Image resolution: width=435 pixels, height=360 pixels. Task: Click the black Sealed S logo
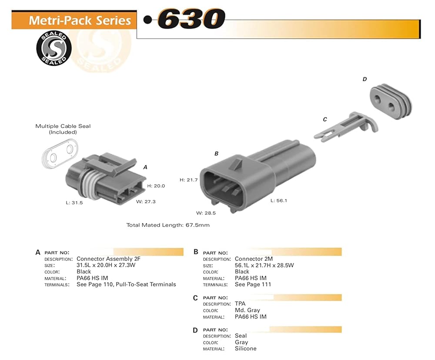point(54,48)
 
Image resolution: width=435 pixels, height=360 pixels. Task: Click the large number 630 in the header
point(191,19)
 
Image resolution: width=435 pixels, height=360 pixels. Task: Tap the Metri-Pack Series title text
point(80,20)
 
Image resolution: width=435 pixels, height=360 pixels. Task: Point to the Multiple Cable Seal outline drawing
point(60,153)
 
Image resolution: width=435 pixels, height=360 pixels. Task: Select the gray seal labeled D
point(391,101)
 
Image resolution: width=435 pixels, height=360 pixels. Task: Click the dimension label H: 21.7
point(189,180)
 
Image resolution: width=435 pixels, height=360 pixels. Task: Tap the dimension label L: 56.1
point(279,200)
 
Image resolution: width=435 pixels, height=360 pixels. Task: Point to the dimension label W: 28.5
point(206,213)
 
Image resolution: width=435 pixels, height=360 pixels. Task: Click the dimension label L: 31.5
point(74,203)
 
